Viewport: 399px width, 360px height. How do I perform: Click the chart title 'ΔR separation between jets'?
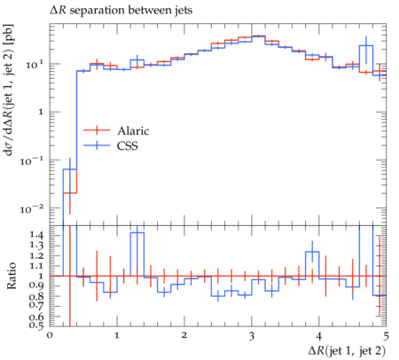click(x=121, y=11)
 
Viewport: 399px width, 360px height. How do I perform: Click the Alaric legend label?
click(x=133, y=130)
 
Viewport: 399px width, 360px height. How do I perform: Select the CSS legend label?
click(x=128, y=145)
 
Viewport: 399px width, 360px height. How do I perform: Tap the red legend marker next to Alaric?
click(x=97, y=130)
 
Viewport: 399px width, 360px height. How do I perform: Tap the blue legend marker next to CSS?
click(x=97, y=145)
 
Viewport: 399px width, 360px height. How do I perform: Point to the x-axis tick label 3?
click(x=252, y=336)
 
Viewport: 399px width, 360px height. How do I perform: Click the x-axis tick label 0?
click(x=50, y=336)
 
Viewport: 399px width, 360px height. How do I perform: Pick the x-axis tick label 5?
click(x=386, y=336)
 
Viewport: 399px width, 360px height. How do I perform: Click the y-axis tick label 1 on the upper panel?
click(x=41, y=113)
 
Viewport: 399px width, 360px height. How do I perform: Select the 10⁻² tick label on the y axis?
click(x=32, y=208)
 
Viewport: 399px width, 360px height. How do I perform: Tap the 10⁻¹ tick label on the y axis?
click(x=32, y=160)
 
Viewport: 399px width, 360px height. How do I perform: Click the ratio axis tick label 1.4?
click(x=36, y=235)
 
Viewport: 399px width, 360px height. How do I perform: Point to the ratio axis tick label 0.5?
click(x=36, y=325)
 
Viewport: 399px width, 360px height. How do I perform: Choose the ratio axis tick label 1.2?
click(x=36, y=256)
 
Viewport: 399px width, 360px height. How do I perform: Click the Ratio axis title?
click(x=12, y=276)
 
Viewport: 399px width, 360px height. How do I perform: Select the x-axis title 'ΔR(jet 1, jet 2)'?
click(x=347, y=351)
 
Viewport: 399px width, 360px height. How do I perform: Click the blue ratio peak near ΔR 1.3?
click(x=137, y=233)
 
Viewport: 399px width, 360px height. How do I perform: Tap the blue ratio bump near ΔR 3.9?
click(x=312, y=252)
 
